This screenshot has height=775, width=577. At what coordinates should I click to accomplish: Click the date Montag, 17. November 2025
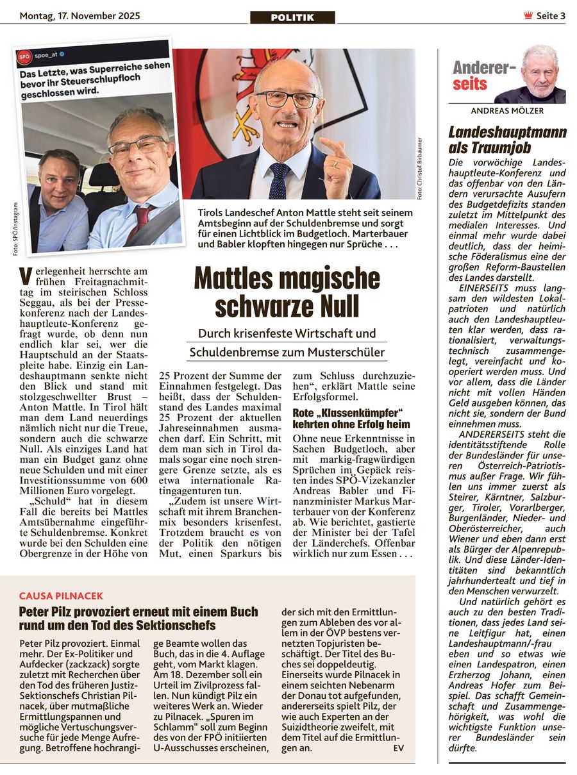pyautogui.click(x=79, y=16)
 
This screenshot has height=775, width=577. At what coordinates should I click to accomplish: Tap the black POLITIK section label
pyautogui.click(x=292, y=17)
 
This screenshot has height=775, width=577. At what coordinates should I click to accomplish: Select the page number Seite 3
pyautogui.click(x=551, y=16)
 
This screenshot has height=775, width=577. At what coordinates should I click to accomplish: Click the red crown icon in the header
pyautogui.click(x=528, y=16)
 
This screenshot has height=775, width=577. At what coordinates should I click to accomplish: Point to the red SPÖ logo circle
pyautogui.click(x=24, y=56)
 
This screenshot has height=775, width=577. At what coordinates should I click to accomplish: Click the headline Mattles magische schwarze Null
pyautogui.click(x=287, y=292)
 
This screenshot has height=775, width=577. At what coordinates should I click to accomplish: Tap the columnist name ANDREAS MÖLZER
pyautogui.click(x=507, y=111)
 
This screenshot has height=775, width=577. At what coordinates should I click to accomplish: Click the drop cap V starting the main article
pyautogui.click(x=25, y=276)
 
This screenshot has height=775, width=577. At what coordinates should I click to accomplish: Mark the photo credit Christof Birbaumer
pyautogui.click(x=420, y=169)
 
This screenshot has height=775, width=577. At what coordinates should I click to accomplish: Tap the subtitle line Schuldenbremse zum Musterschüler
pyautogui.click(x=287, y=352)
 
